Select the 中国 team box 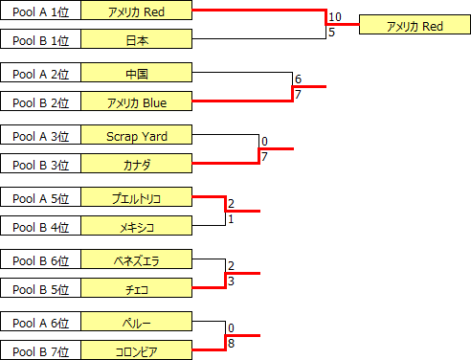[137, 74]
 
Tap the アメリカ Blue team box [137, 101]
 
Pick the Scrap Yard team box [137, 136]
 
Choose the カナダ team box [137, 164]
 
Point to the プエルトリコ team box [137, 198]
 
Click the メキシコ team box [137, 226]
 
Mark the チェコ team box [137, 288]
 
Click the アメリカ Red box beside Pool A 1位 [137, 11]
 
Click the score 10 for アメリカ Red [334, 17]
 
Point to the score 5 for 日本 [331, 32]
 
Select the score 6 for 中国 [298, 79]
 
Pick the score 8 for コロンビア [231, 342]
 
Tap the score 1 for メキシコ [231, 218]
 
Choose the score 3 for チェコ [231, 280]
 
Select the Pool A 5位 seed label [40, 198]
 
